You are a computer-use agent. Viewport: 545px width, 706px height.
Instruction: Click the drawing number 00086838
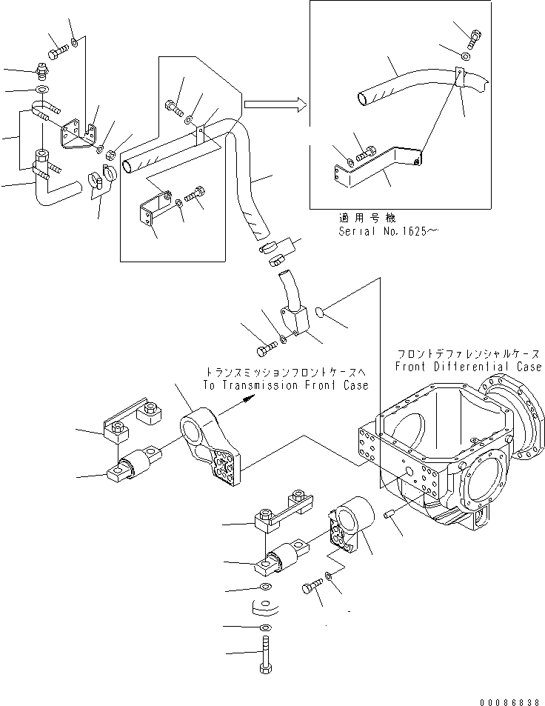point(509,699)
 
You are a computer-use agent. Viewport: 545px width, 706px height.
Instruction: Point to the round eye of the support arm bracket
point(195,426)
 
